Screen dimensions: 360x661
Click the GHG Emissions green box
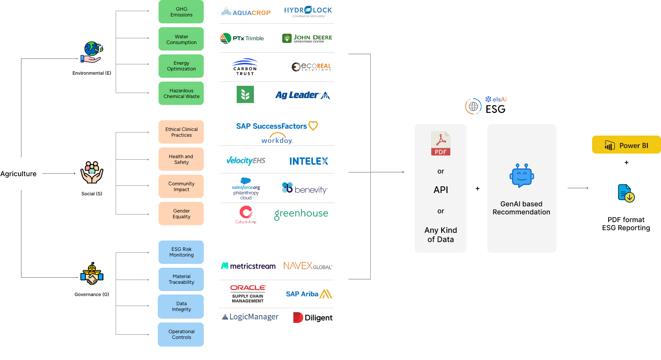[x=181, y=12]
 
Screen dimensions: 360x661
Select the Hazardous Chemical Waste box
[x=181, y=93]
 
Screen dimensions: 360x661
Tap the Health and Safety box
[x=181, y=159]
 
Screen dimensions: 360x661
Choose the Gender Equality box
[x=181, y=214]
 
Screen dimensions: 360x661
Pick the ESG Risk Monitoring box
[x=181, y=252]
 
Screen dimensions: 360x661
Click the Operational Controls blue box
[x=181, y=334]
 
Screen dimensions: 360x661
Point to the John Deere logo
[x=307, y=38]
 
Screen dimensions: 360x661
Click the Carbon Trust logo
[x=245, y=67]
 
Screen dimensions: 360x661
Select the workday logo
[x=277, y=139]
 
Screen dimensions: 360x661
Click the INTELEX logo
[x=309, y=161]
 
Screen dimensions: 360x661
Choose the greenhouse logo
[x=301, y=214]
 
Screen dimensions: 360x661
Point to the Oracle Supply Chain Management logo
[x=248, y=294]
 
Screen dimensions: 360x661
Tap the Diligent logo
[x=313, y=317]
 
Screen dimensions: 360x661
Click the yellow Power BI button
[x=626, y=145]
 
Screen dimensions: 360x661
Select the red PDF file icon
[x=441, y=143]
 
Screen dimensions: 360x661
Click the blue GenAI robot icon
[x=522, y=176]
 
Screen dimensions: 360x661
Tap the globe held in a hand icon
[x=92, y=52]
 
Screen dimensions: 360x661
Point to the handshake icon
[x=92, y=274]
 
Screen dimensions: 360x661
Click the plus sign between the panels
[x=478, y=188]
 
